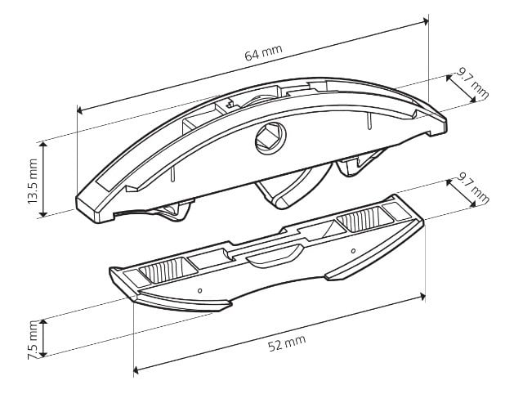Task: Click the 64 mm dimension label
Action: click(263, 53)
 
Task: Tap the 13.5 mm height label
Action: click(33, 181)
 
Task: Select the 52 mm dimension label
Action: click(287, 343)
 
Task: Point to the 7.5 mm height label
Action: click(33, 339)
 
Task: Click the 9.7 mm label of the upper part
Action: click(472, 84)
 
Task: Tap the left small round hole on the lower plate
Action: click(199, 290)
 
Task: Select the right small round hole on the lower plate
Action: click(353, 251)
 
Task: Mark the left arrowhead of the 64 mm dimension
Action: click(80, 110)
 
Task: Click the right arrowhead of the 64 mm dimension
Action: click(426, 21)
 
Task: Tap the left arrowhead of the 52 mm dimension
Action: click(136, 370)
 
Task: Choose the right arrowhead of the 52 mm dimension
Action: click(422, 297)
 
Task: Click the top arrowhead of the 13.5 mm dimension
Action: click(43, 146)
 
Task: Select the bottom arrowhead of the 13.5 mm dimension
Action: click(43, 213)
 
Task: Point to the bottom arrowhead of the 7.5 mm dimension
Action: click(43, 353)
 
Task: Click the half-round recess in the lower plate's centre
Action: click(275, 256)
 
